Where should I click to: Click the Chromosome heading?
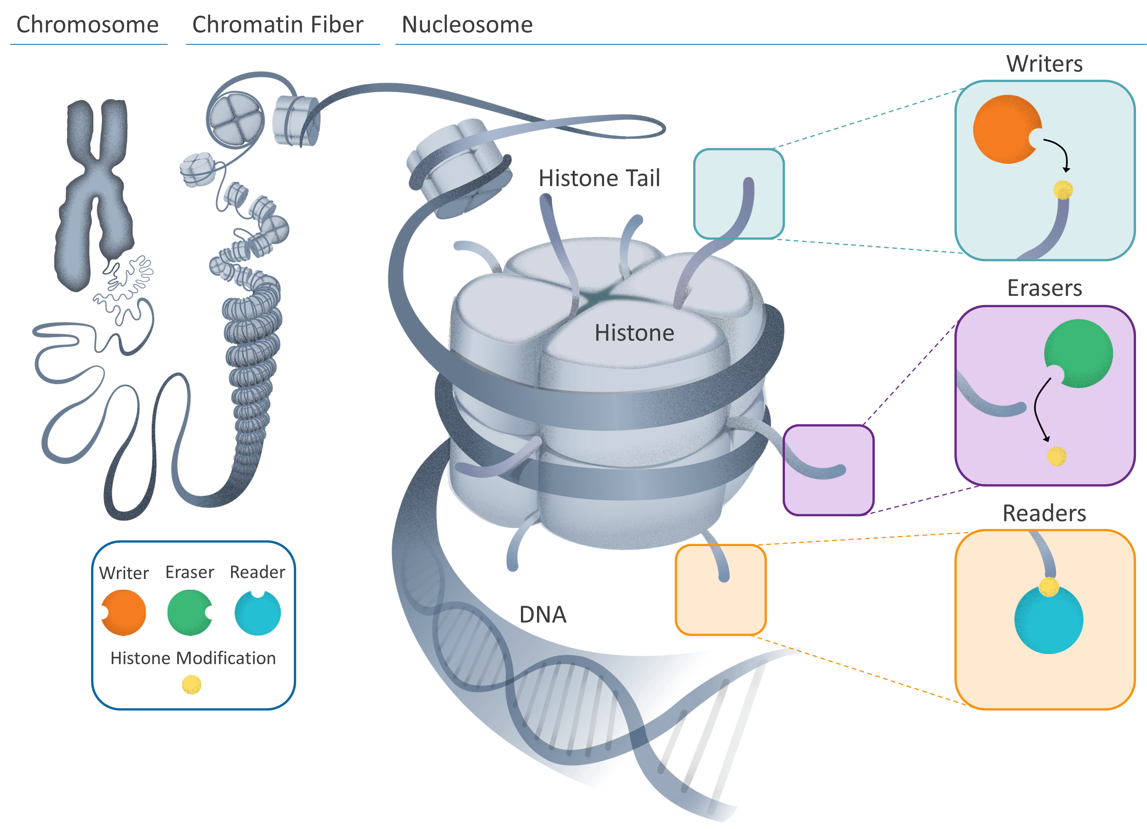click(87, 24)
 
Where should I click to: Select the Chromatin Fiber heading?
click(277, 24)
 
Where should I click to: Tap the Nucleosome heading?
click(467, 24)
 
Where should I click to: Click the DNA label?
click(542, 614)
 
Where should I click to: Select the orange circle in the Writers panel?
click(1004, 129)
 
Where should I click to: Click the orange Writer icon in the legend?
click(124, 612)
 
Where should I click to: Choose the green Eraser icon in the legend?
click(188, 612)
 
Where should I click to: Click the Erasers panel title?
click(1044, 288)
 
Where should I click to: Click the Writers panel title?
click(1044, 64)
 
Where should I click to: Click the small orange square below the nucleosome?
click(720, 590)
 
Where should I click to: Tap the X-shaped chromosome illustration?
click(95, 192)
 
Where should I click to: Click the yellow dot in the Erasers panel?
click(1056, 456)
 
